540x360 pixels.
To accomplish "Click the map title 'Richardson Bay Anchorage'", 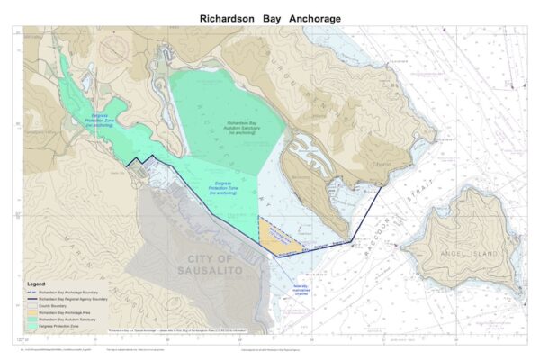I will (270, 18).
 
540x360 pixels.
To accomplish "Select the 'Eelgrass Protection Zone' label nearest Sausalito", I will (221, 188).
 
